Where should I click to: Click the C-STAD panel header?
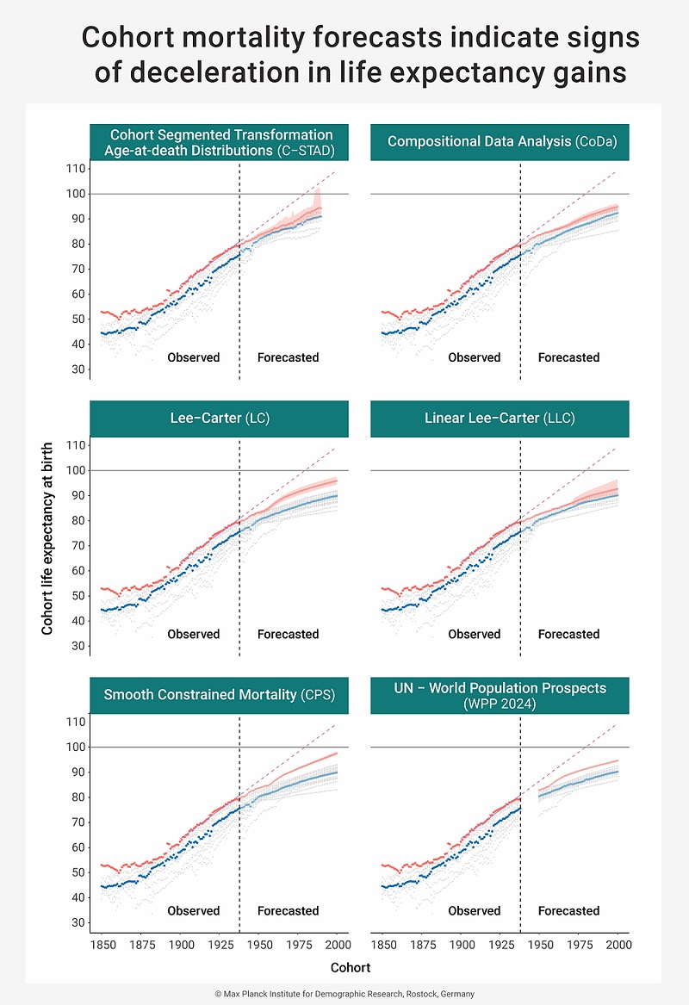tap(220, 143)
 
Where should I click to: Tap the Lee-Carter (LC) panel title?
tap(220, 419)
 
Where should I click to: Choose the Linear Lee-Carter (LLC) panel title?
tap(500, 419)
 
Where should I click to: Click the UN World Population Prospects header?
tap(500, 695)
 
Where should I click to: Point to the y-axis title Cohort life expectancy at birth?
tap(48, 539)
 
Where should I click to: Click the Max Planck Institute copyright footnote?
tap(344, 993)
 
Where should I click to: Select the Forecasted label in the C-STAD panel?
tap(288, 357)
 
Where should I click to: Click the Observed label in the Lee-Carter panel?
tap(193, 634)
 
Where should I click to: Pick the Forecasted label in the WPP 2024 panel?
tap(568, 910)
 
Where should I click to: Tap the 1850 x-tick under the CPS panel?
tap(102, 945)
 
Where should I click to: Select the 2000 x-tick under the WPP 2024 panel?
tap(618, 945)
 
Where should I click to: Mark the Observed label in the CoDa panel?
tap(474, 357)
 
